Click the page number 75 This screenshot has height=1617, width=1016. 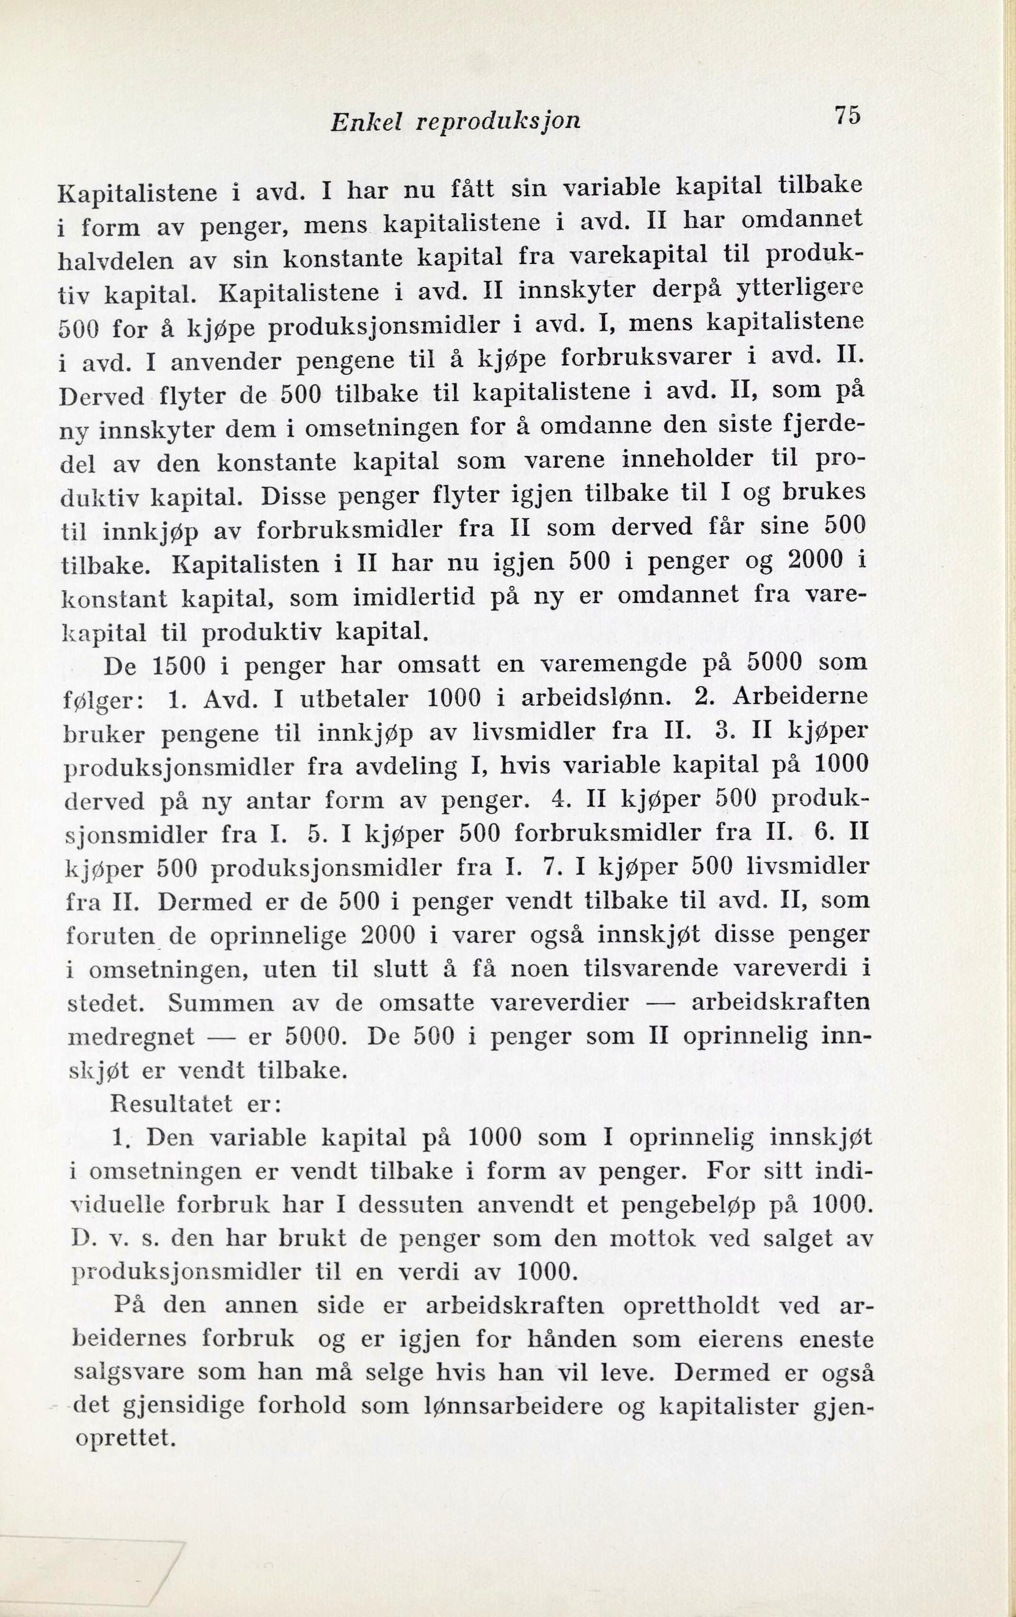[847, 115]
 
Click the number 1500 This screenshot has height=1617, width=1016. [182, 665]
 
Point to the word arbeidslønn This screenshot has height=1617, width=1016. [596, 698]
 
